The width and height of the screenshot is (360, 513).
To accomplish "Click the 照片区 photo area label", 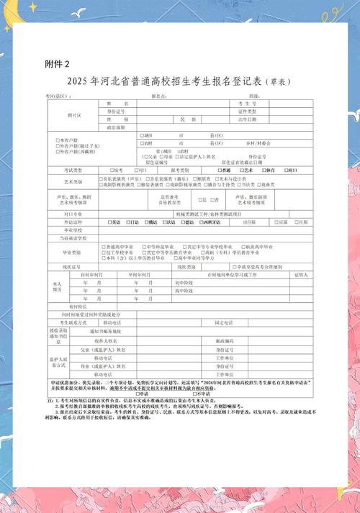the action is pyautogui.click(x=75, y=114).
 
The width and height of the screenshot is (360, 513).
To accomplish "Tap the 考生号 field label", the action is pyautogui.click(x=258, y=104).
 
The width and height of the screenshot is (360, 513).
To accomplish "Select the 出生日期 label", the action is pyautogui.click(x=258, y=119).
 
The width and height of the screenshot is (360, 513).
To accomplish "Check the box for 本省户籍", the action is pyautogui.click(x=58, y=140).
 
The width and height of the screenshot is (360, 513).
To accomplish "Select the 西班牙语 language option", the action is pyautogui.click(x=213, y=222).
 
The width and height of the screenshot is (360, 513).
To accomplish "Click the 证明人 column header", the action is pyautogui.click(x=301, y=275).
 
